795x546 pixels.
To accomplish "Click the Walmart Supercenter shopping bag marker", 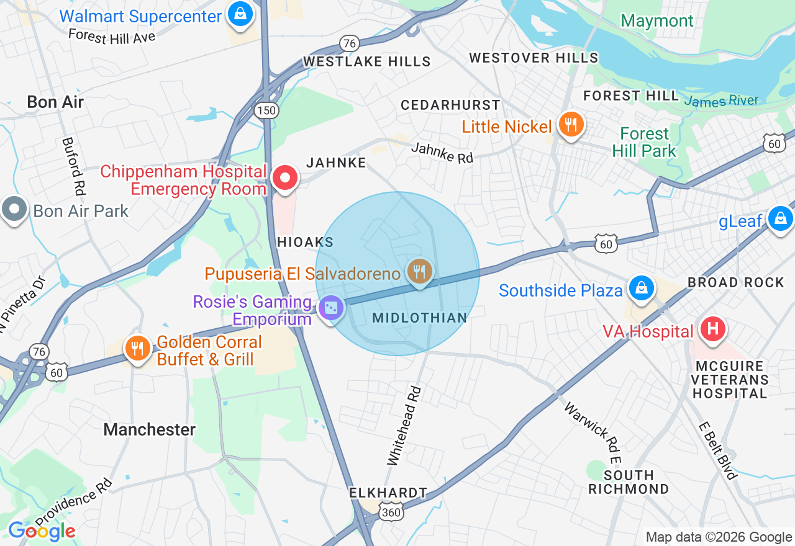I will point(238,14).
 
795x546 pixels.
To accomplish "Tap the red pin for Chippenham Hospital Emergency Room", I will point(285,179).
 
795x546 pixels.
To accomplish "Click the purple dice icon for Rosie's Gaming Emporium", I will point(330,308).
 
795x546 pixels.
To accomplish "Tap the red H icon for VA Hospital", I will point(712,328).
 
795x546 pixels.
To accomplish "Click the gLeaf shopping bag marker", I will point(779,218).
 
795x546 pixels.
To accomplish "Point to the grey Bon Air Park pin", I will point(14,209).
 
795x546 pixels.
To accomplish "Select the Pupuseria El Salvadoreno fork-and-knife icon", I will point(420,272).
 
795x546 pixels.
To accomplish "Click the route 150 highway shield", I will point(266,110).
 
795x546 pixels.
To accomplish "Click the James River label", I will point(721,101).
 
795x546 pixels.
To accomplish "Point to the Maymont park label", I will point(657,20).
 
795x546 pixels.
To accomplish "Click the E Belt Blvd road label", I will point(717,451).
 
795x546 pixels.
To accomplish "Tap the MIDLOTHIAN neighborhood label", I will point(419,318).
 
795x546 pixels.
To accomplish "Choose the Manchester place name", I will point(150,429).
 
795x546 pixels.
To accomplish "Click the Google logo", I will point(42,531).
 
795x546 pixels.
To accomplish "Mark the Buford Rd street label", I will point(73,166).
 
